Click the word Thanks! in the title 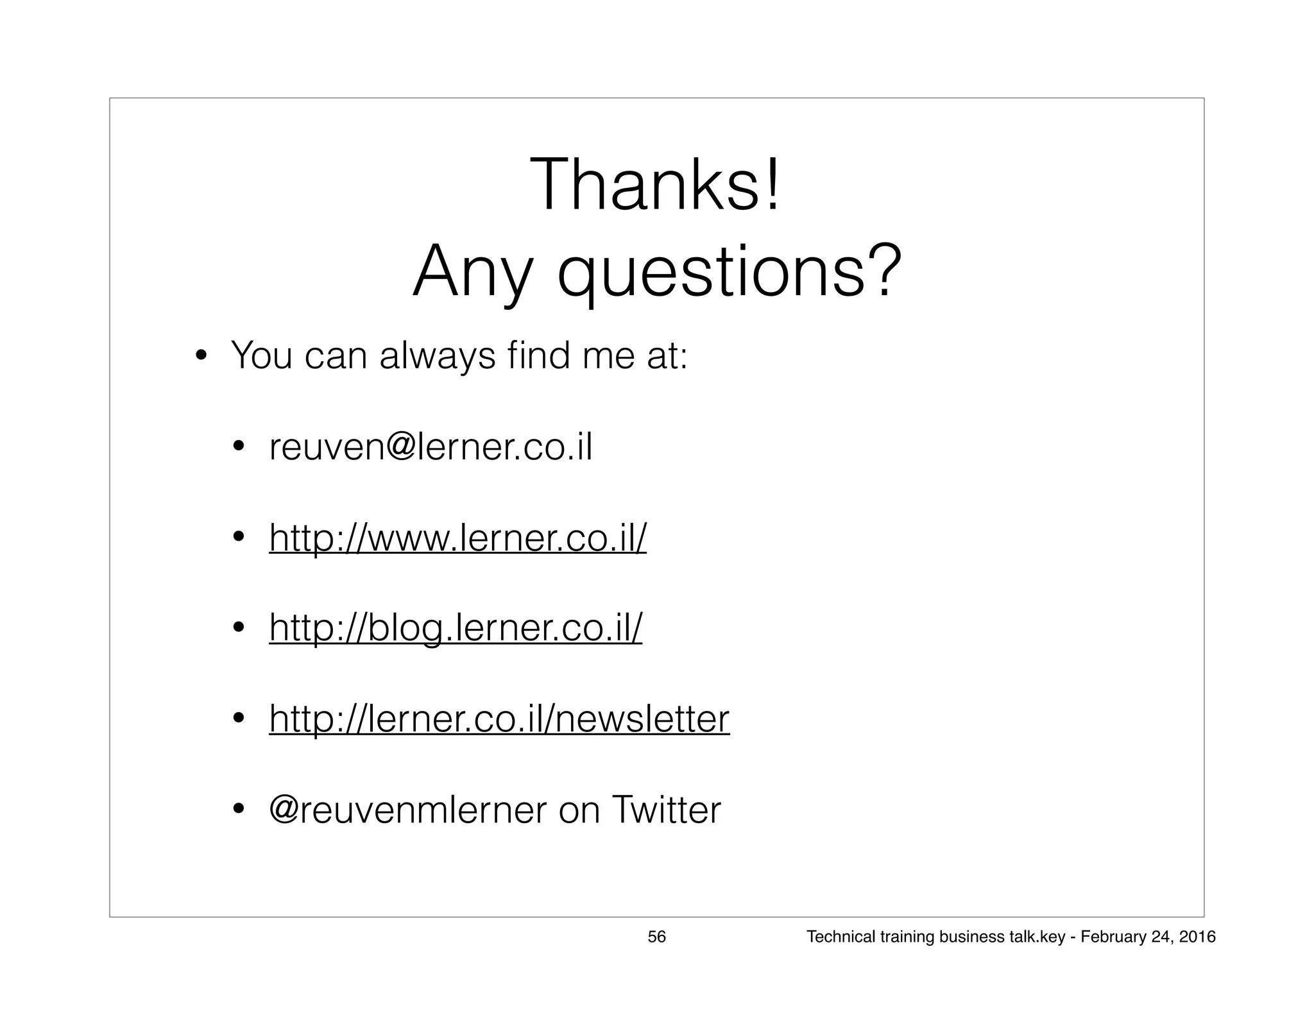click(x=655, y=185)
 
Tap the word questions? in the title click(x=729, y=272)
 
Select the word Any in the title click(x=473, y=272)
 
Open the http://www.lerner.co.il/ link click(x=457, y=538)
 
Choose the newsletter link click(x=499, y=719)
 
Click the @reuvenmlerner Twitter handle click(x=408, y=810)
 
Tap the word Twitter click(x=666, y=810)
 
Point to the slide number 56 click(x=656, y=937)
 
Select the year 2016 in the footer click(x=1197, y=937)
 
